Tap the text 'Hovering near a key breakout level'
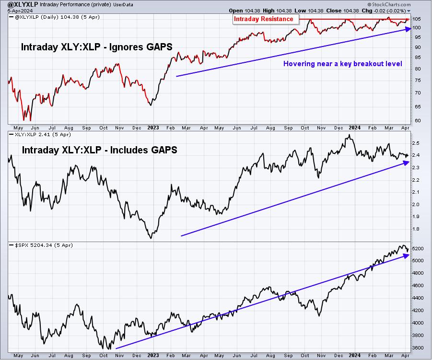342,64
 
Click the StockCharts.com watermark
389,4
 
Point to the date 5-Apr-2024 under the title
20,11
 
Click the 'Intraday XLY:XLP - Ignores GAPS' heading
96,47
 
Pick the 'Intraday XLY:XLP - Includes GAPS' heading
99,150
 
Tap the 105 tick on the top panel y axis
417,19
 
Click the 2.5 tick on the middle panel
416,143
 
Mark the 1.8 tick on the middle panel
416,229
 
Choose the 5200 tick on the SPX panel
418,248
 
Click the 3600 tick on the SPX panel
418,348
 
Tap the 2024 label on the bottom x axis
354,355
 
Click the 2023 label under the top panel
153,128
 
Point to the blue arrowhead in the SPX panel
406,256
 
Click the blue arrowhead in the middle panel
406,163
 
